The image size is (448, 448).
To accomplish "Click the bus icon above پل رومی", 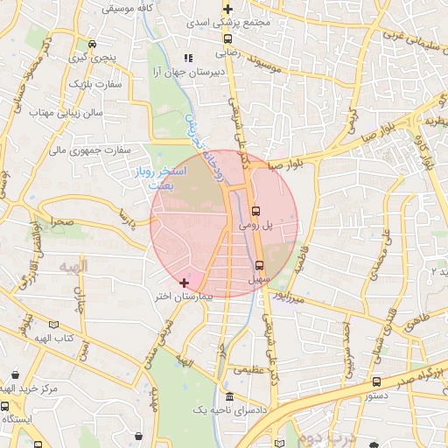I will pos(255,211).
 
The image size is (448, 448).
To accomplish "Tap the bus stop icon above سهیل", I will pos(259,265).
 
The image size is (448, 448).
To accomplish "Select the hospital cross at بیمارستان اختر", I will pos(183,283).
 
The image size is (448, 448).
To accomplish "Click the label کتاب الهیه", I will pos(50,337).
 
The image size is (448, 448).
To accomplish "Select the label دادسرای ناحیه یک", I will pos(199,409).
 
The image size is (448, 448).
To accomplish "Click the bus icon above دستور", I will pos(376,381).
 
